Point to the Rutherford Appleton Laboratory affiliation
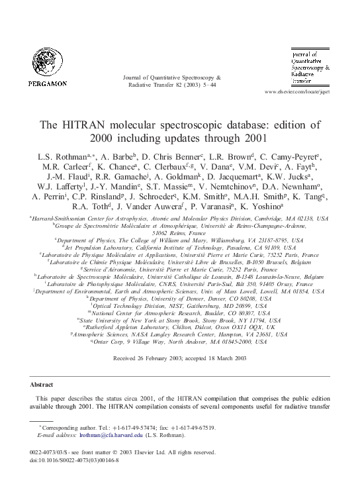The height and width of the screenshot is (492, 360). pyautogui.click(x=180, y=326)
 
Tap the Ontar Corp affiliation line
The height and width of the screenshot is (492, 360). pyautogui.click(x=180, y=342)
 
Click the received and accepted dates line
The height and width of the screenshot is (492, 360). pyautogui.click(x=180, y=358)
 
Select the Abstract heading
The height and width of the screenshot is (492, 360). pyautogui.click(x=44, y=384)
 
